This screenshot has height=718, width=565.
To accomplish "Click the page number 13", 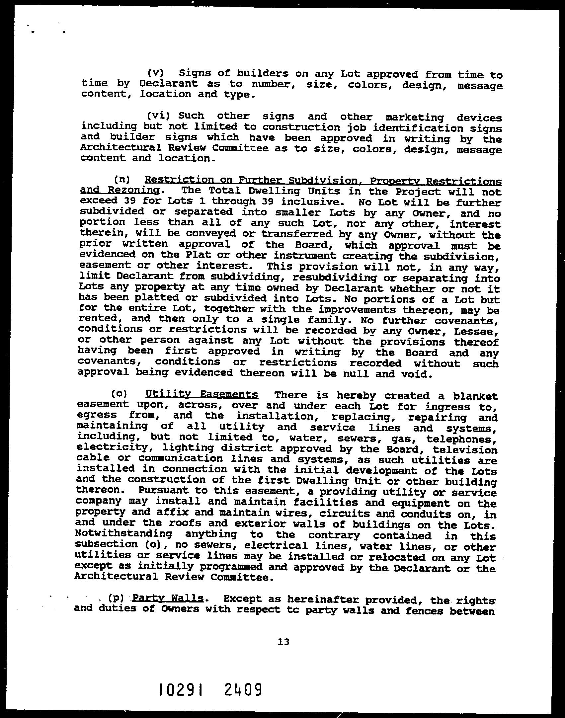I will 284,642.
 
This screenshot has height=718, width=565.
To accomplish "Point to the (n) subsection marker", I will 122,180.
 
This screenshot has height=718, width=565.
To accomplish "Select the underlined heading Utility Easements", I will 202,394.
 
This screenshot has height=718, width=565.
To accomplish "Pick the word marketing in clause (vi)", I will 415,117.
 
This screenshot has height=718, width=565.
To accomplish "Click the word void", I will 417,374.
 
